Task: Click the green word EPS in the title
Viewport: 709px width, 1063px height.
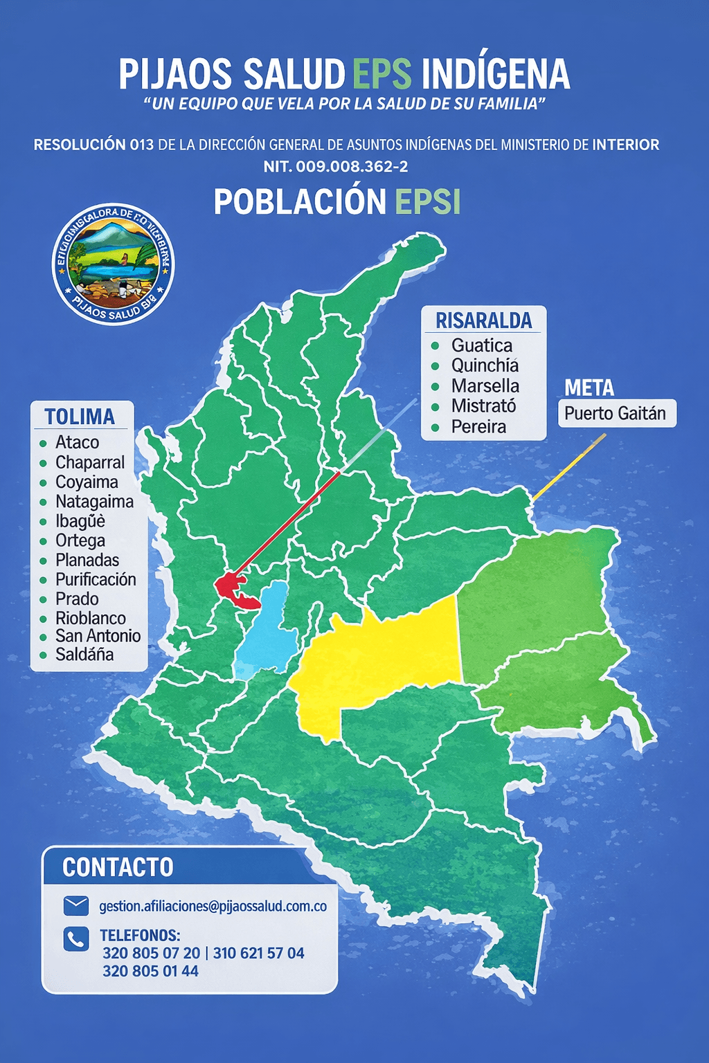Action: point(382,74)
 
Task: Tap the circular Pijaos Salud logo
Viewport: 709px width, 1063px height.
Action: point(114,264)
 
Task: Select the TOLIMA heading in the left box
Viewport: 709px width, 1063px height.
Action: point(80,417)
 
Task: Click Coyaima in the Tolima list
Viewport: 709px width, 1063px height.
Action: point(87,482)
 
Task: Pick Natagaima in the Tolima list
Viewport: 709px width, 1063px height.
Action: point(94,501)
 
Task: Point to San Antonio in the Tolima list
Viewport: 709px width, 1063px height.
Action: point(98,635)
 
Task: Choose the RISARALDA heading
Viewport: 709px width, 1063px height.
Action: point(483,320)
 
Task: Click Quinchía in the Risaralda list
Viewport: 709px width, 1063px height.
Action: point(485,365)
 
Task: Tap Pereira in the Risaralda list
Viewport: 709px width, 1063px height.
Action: point(478,426)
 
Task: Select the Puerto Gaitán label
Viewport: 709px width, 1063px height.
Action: point(615,413)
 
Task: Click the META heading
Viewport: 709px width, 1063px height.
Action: point(589,388)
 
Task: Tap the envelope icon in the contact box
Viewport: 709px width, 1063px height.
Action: point(75,905)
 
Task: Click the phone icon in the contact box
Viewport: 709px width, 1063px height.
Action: point(75,938)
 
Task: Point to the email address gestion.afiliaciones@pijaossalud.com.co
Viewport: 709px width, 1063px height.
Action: point(213,906)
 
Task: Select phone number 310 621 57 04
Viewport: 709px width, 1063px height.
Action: point(258,953)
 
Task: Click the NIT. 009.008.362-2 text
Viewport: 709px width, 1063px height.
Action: point(335,166)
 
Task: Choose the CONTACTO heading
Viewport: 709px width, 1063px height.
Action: point(118,867)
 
